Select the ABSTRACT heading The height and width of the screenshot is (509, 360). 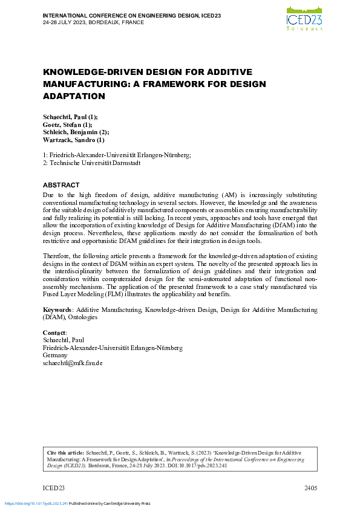click(x=61, y=185)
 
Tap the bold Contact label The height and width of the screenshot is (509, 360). click(x=54, y=333)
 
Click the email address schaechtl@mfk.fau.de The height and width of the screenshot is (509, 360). click(x=73, y=363)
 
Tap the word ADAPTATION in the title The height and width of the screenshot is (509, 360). click(x=74, y=96)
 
